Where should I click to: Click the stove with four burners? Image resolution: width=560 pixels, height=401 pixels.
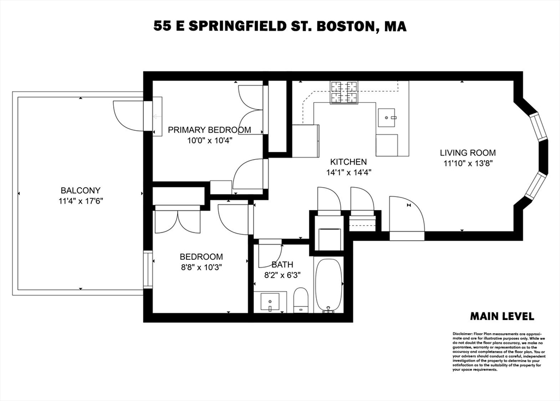345,93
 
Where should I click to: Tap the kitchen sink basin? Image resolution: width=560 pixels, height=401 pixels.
387,117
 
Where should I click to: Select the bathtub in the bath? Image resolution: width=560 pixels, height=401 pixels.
328,285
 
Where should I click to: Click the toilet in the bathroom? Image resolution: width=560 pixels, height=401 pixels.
301,300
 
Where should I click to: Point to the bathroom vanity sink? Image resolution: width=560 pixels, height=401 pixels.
270,303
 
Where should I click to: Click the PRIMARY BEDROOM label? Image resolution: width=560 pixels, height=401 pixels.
209,130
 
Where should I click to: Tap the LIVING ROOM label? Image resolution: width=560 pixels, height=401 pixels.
468,153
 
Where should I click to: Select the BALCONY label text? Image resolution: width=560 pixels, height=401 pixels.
80,190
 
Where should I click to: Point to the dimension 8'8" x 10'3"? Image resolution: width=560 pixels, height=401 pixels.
201,268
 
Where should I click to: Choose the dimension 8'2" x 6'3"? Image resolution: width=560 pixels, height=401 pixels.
282,275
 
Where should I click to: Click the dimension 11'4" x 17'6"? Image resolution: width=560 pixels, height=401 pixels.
80,201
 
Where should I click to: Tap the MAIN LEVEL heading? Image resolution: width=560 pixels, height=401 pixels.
502,316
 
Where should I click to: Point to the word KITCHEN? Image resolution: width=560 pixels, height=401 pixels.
348,162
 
